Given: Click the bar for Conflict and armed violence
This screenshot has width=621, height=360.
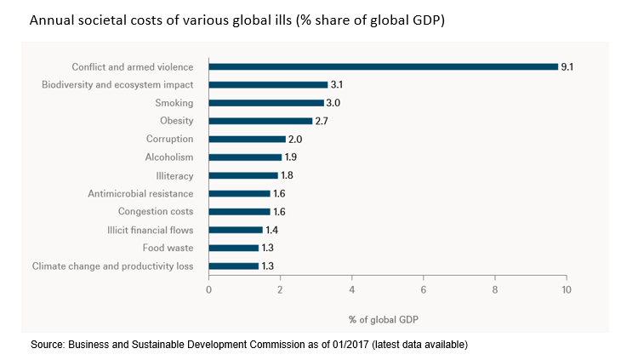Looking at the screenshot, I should (383, 66).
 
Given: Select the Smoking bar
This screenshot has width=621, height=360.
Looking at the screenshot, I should (266, 102).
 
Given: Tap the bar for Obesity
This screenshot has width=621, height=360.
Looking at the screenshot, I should (260, 121).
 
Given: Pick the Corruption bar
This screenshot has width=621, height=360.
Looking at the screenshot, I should (247, 139).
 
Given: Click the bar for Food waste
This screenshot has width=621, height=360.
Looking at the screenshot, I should (234, 248).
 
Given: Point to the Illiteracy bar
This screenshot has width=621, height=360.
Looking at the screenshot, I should (243, 175).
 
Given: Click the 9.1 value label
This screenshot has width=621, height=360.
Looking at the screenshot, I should (567, 66).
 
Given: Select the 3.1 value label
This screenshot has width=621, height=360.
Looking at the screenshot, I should (338, 84).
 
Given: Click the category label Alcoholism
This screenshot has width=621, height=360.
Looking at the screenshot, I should (169, 157).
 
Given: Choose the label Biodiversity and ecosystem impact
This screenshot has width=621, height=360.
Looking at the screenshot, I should (118, 84).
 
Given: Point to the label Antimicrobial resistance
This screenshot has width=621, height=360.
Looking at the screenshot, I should (140, 193).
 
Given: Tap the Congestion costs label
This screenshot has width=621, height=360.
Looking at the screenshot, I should (156, 211).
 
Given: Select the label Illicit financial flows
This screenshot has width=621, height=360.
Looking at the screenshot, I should (145, 230).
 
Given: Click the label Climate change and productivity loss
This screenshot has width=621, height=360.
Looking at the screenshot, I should (113, 266).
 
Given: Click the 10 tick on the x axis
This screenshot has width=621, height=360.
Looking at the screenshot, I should (567, 290).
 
